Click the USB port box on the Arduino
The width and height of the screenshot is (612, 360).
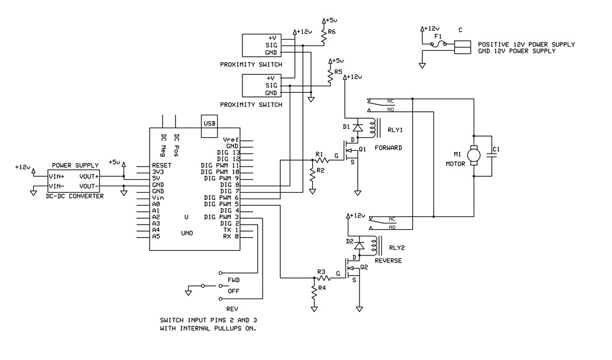(209, 125)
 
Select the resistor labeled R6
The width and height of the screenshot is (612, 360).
(323, 37)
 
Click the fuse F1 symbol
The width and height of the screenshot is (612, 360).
(438, 44)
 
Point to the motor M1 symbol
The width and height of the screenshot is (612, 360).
(474, 154)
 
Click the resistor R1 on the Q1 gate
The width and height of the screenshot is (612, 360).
(322, 160)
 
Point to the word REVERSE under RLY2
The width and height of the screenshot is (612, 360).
(388, 260)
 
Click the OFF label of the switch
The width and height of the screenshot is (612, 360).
(234, 291)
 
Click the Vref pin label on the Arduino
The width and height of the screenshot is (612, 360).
(231, 140)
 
